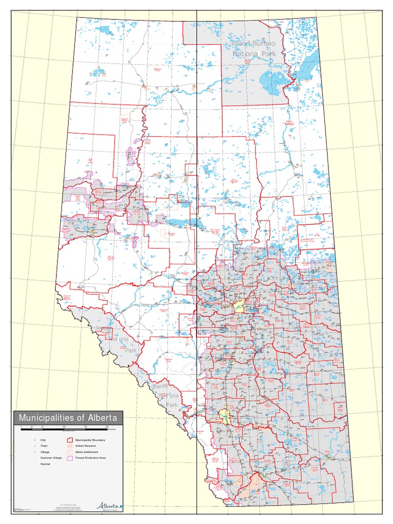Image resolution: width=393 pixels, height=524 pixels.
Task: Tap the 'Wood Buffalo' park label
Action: click(254, 45)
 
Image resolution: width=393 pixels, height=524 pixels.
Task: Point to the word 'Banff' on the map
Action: click(160, 386)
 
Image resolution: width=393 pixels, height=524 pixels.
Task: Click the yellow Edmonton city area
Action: click(238, 307)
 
